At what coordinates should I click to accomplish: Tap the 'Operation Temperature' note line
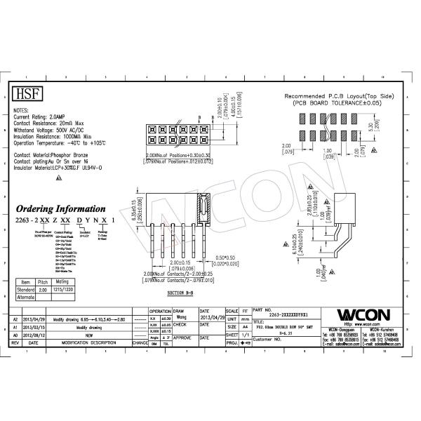[60, 142]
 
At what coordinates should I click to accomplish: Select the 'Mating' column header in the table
[73, 281]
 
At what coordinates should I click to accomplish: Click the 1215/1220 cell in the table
[73, 288]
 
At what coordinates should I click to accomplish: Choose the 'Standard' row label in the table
[25, 288]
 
